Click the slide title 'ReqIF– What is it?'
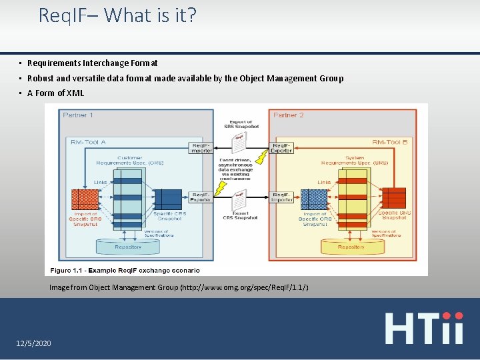click(117, 15)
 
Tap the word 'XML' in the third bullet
click(76, 93)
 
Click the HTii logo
click(424, 327)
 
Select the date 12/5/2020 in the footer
click(33, 343)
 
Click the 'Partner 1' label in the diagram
click(78, 115)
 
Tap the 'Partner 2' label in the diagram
click(288, 115)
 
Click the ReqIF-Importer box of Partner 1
click(201, 148)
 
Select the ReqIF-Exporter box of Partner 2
click(281, 148)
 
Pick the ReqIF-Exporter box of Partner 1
click(201, 197)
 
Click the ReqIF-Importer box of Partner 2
click(281, 197)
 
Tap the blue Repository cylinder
click(128, 247)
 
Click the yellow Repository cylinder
click(351, 247)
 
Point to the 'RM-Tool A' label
click(88, 141)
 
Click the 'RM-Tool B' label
click(390, 141)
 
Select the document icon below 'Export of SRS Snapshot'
click(239, 141)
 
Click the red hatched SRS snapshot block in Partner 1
click(84, 199)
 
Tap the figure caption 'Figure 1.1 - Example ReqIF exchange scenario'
click(123, 270)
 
